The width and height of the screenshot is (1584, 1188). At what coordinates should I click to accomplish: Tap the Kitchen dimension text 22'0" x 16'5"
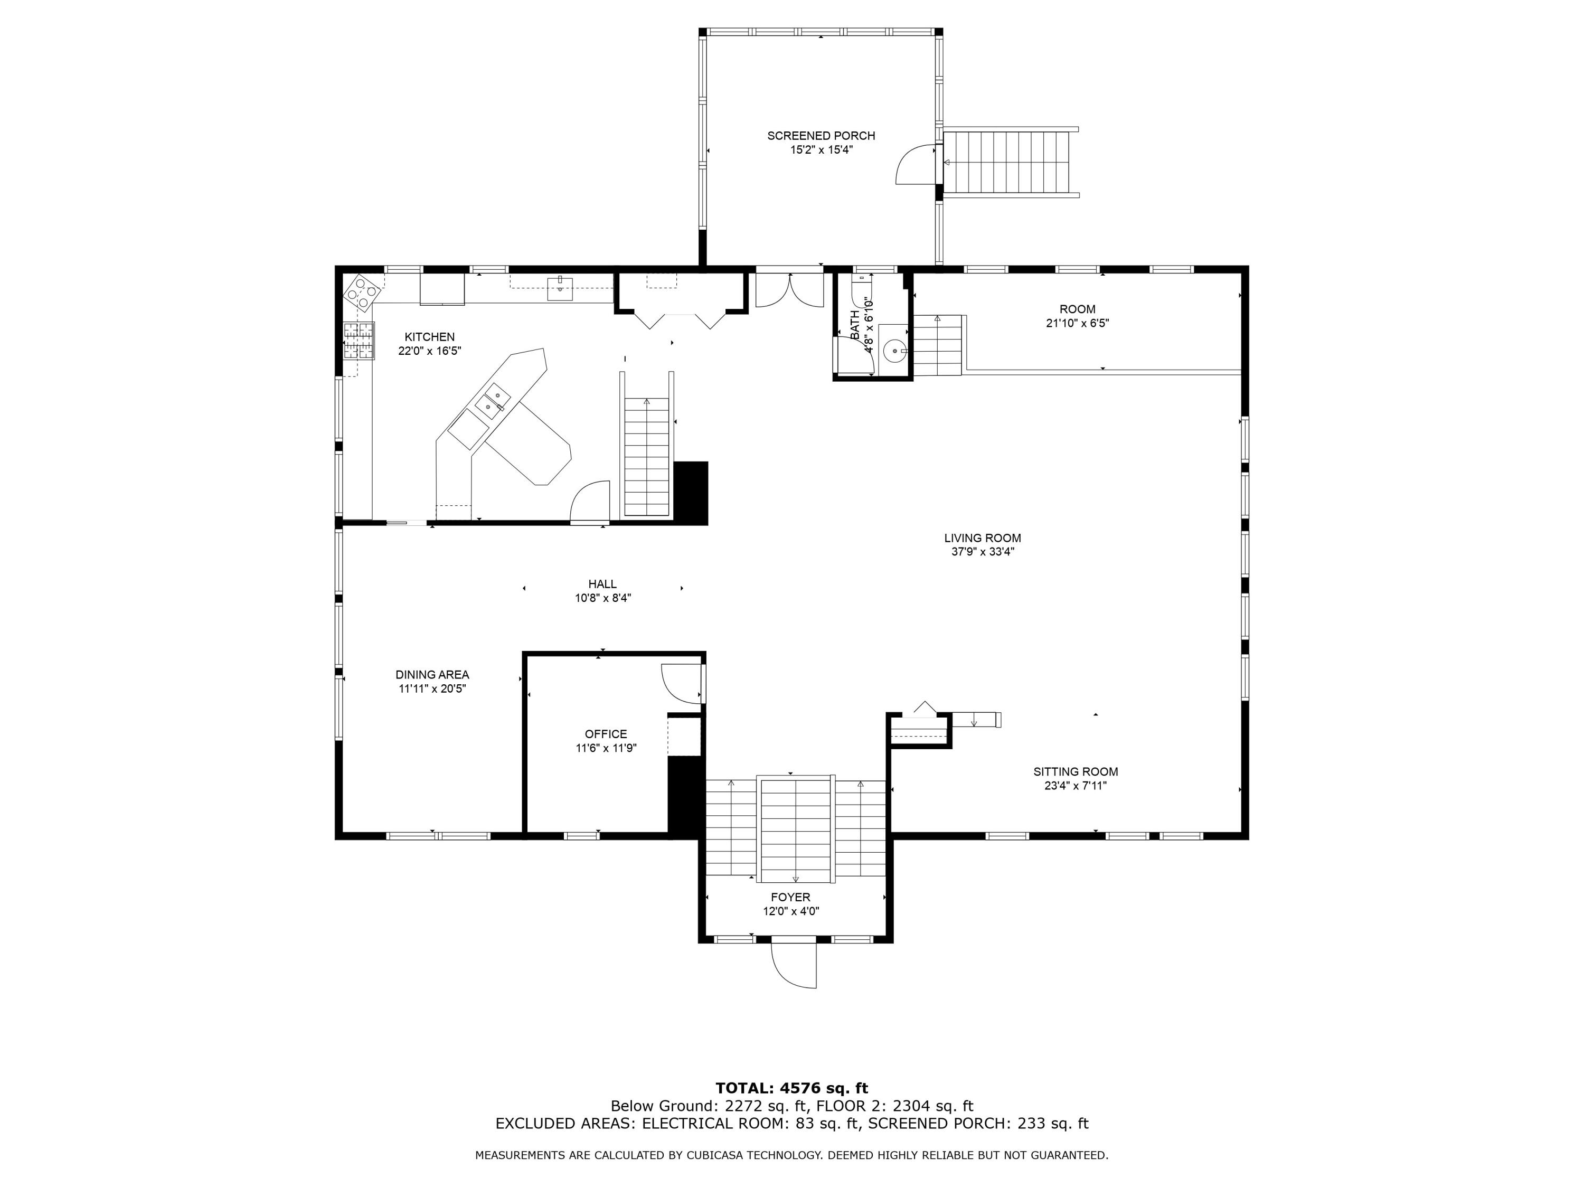[430, 351]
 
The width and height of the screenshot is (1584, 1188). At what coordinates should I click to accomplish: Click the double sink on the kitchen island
[493, 401]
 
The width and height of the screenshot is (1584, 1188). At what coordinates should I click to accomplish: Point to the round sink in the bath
[894, 351]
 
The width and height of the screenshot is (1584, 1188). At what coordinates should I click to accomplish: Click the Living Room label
[983, 538]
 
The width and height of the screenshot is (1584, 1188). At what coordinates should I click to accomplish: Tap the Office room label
[606, 734]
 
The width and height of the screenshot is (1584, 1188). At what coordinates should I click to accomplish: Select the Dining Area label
[432, 675]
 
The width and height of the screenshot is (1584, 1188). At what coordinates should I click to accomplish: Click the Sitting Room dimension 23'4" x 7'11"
[1076, 786]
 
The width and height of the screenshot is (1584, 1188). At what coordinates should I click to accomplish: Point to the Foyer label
[790, 897]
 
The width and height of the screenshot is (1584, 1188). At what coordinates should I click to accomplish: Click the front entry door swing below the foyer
[794, 964]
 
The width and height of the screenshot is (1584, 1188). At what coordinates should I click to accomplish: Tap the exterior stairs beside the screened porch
[1011, 163]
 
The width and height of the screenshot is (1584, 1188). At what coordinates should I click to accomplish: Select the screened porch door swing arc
[914, 165]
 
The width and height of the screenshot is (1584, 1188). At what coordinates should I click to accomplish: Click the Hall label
[602, 583]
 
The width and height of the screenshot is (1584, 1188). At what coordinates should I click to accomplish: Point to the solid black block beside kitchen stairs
[691, 493]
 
